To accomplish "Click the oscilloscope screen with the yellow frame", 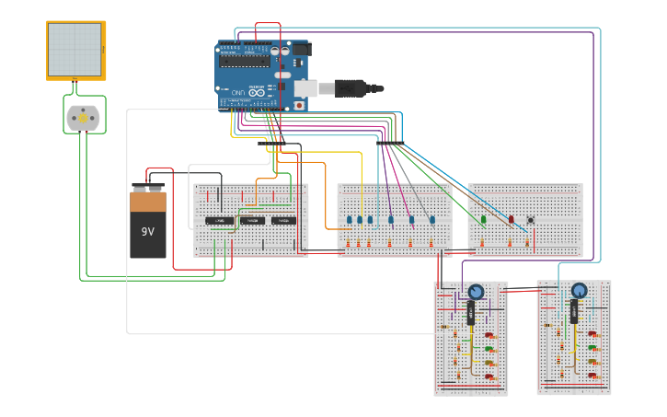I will [x=75, y=50].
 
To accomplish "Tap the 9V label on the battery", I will [x=147, y=232].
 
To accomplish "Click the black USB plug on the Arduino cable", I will [x=350, y=88].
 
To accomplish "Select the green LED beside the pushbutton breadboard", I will [x=483, y=219].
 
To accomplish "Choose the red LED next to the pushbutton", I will [x=512, y=220].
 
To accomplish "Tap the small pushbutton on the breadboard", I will [x=531, y=220].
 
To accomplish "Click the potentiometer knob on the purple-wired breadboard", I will [x=476, y=293].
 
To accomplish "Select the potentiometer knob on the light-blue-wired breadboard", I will [x=579, y=291].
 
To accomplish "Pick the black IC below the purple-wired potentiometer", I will [x=471, y=314].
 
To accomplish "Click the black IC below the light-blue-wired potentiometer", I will [x=574, y=313].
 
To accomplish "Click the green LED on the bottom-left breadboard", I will [x=490, y=349].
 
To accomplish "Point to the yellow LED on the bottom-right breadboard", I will [x=593, y=362].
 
